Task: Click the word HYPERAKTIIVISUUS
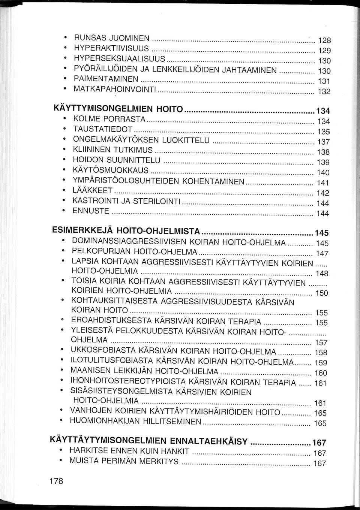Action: click(111, 48)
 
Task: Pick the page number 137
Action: click(323, 142)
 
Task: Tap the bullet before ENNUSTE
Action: click(66, 211)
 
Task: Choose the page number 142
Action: click(322, 193)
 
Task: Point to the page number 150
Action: click(321, 293)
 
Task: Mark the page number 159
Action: click(321, 363)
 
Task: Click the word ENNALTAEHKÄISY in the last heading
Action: click(208, 441)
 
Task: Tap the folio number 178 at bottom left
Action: click(56, 482)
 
